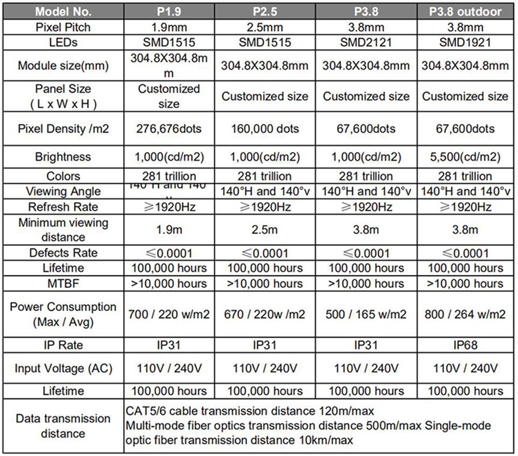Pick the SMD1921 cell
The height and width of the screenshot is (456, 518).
(466, 43)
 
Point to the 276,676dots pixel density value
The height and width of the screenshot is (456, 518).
(168, 129)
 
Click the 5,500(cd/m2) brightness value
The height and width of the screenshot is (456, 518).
(466, 157)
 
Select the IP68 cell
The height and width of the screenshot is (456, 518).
(466, 345)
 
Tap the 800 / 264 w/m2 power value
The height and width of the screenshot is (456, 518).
(466, 314)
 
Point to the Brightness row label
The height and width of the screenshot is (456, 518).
(63, 157)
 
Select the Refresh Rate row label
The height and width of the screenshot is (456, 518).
(63, 207)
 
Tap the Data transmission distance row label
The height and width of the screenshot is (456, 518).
(63, 425)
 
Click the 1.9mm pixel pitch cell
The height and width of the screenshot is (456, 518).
(168, 28)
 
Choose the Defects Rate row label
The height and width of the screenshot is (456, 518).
(63, 253)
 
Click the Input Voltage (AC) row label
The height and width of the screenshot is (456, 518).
(63, 368)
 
